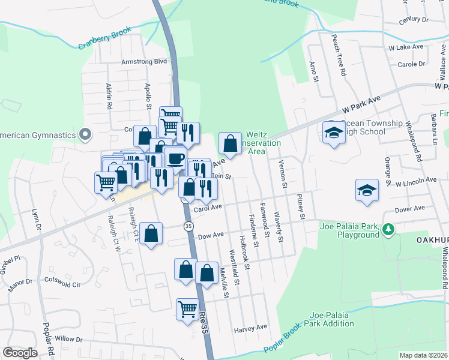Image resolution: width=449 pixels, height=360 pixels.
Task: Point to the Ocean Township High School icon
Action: pyautogui.click(x=332, y=133)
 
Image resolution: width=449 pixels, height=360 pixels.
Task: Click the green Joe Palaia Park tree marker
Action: pyautogui.click(x=388, y=229)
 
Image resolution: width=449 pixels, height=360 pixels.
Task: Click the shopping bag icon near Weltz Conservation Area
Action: pyautogui.click(x=230, y=143)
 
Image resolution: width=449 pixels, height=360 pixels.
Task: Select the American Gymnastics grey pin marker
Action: pyautogui.click(x=85, y=134)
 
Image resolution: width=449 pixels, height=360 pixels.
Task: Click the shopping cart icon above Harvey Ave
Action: pyautogui.click(x=187, y=310)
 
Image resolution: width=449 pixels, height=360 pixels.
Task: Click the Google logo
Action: pyautogui.click(x=20, y=353)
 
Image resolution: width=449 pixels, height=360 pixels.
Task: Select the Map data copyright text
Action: pyautogui.click(x=423, y=355)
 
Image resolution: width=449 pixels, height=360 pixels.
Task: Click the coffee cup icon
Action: pyautogui.click(x=175, y=158)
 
